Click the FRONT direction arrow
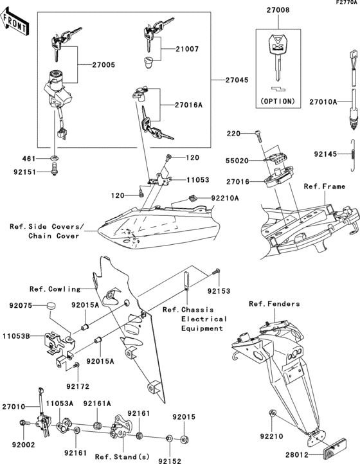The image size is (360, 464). click(15, 24)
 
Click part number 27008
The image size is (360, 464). click(278, 11)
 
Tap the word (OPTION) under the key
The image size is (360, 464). click(278, 101)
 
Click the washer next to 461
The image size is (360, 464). click(53, 157)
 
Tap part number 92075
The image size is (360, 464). click(21, 307)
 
